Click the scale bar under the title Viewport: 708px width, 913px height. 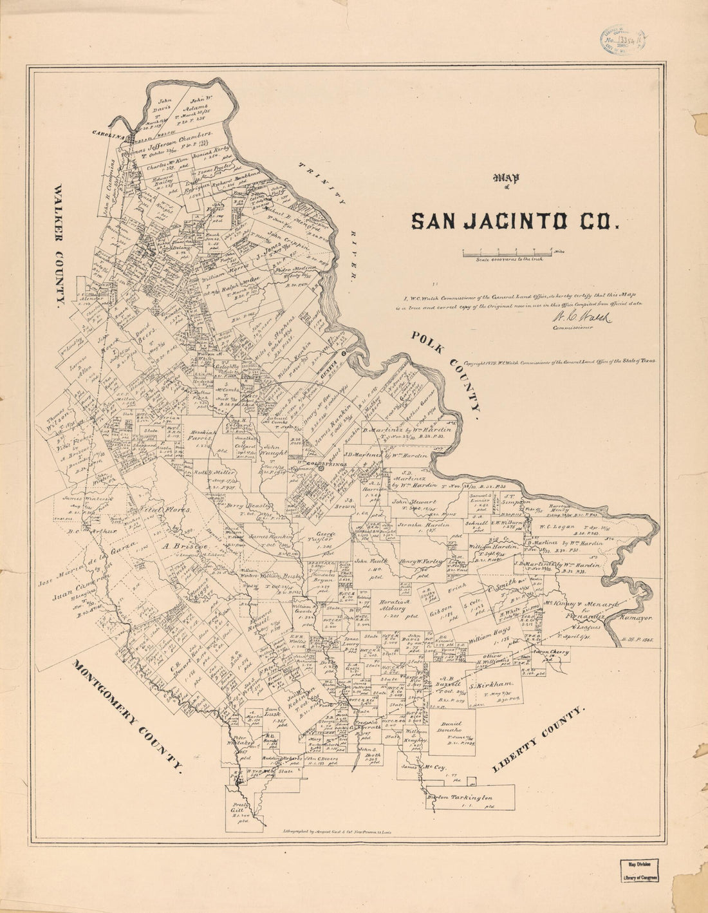tap(506, 254)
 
